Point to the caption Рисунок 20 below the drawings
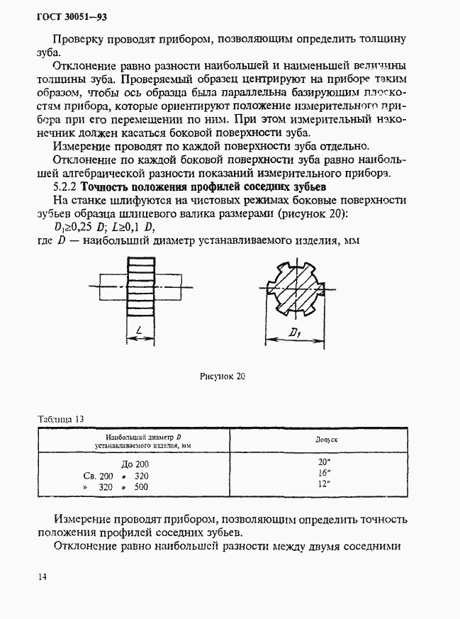[x=222, y=377]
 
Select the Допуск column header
[x=325, y=440]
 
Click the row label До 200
[x=135, y=464]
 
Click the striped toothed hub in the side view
[x=140, y=289]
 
